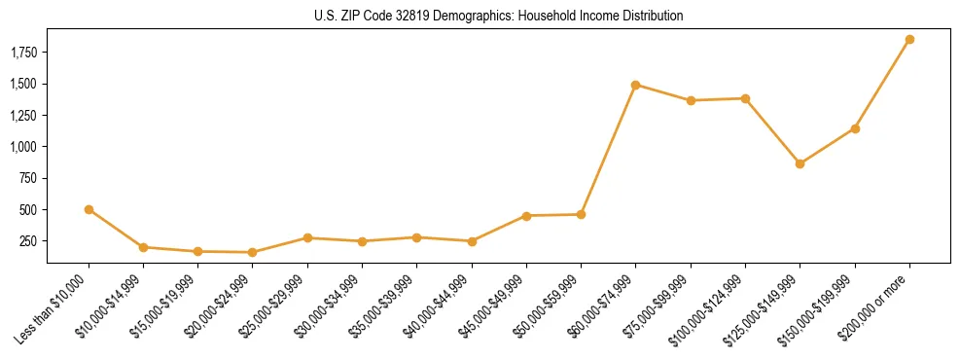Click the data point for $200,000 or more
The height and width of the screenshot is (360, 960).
coord(909,40)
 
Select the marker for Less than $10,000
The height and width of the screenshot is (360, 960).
coord(89,209)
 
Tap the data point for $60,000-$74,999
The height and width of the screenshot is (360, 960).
coord(635,85)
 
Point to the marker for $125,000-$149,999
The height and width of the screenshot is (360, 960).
coord(800,163)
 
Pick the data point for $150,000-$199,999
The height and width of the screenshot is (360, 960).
coord(855,128)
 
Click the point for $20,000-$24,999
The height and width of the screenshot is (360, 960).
coord(253,252)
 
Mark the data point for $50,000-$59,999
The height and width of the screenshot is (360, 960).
coord(581,214)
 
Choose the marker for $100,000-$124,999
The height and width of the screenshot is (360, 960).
coord(745,98)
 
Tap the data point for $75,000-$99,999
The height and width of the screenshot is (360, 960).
coord(691,100)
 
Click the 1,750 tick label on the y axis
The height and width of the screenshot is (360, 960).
coord(24,53)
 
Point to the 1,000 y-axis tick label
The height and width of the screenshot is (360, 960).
coord(24,147)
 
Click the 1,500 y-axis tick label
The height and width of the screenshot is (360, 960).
coord(24,84)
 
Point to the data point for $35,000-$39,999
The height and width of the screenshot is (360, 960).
coord(416,237)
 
